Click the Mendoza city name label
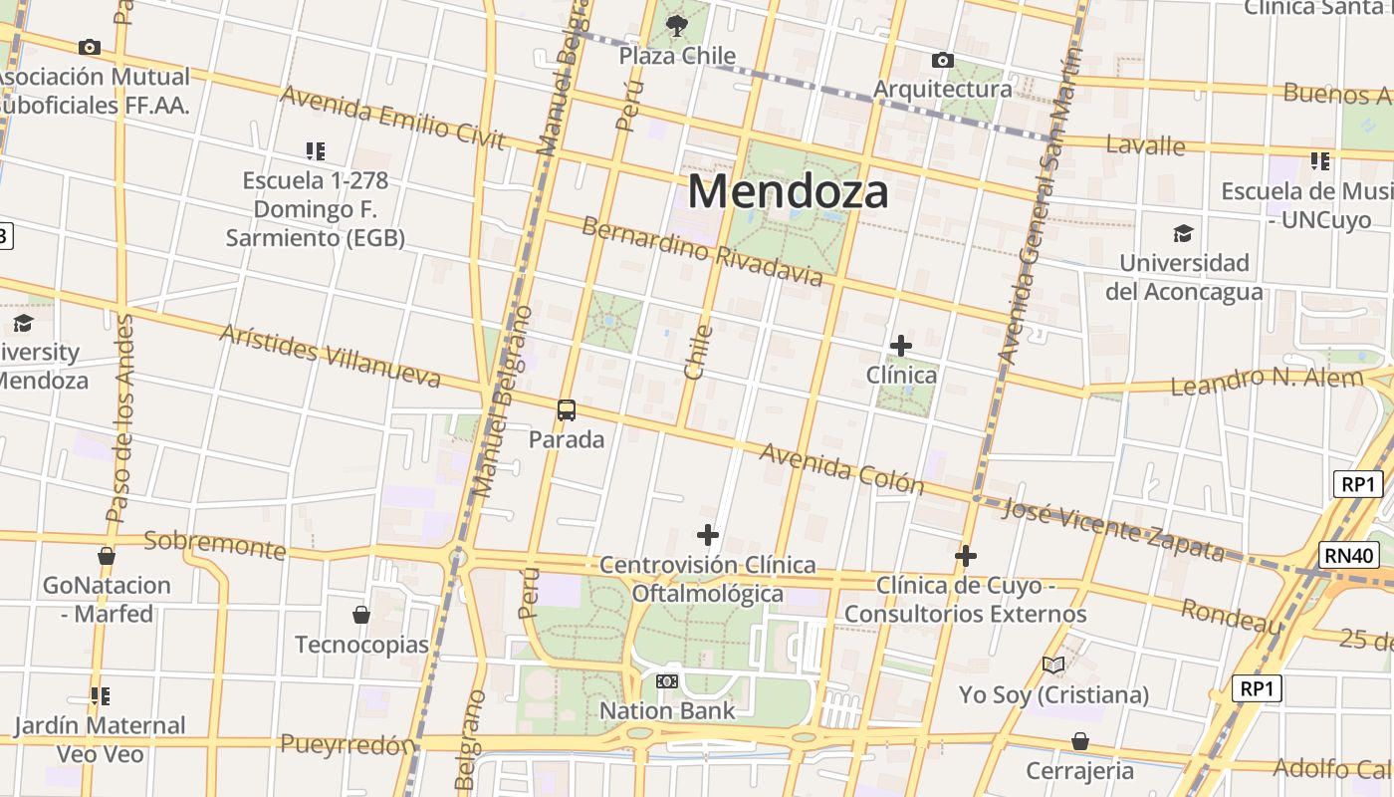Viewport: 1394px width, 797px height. click(x=788, y=190)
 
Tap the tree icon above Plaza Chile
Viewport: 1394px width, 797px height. click(x=677, y=25)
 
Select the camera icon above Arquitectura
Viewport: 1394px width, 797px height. click(x=942, y=61)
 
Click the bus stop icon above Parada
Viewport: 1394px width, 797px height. click(x=567, y=409)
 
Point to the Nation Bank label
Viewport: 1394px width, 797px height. click(x=667, y=710)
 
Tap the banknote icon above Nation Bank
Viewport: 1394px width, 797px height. click(x=667, y=681)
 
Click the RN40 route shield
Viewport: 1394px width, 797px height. click(x=1350, y=555)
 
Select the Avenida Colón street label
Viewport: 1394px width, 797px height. click(x=841, y=468)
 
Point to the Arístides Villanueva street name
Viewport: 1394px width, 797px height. click(x=330, y=356)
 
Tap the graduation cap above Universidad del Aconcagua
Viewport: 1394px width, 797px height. click(x=1183, y=234)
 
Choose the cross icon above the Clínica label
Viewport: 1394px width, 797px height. click(x=901, y=346)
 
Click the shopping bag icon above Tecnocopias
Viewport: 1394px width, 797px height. click(x=361, y=615)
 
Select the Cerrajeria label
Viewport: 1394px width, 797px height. click(x=1079, y=770)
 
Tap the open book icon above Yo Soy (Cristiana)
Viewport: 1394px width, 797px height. click(x=1053, y=664)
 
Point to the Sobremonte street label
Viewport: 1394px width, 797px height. click(x=215, y=544)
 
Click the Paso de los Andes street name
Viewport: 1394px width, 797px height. click(x=120, y=418)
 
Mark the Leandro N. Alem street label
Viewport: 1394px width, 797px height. click(x=1267, y=381)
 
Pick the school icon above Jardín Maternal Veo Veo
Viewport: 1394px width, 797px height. click(x=100, y=695)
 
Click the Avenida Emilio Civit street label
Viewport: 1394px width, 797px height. click(x=392, y=117)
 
